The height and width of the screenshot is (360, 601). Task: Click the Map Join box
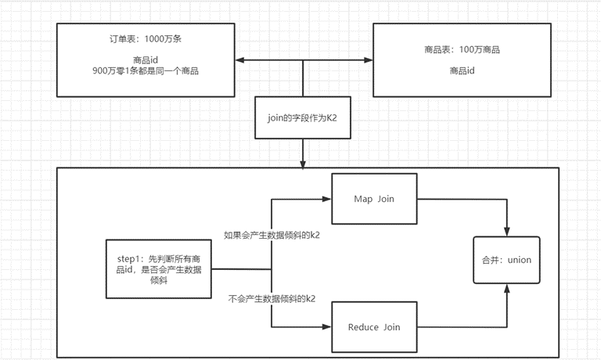pos(374,199)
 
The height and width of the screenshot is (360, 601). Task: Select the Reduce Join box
pos(374,327)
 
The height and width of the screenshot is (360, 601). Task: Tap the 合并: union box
pos(507,260)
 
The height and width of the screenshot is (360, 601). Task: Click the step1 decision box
pos(159,269)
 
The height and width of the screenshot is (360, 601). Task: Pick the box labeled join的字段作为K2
pos(303,117)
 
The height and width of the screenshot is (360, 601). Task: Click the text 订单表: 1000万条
pos(146,38)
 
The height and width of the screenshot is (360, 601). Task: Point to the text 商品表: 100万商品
pos(462,49)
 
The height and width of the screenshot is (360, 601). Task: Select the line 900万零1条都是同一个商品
pos(146,71)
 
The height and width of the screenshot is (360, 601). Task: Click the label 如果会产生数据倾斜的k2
pos(272,235)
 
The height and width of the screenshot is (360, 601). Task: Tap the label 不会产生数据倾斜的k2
pos(272,299)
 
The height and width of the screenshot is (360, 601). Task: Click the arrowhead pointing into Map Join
pos(327,199)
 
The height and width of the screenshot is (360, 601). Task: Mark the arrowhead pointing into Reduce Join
pos(327,327)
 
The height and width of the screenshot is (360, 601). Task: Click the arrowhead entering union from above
pos(507,232)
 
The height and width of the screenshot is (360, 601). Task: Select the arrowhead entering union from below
pos(507,289)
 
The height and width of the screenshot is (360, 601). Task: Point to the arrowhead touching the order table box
pos(240,59)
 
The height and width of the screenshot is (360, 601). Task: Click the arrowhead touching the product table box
pos(369,59)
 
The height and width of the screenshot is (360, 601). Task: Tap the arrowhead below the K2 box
pos(303,164)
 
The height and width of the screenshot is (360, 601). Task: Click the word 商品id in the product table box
pos(462,70)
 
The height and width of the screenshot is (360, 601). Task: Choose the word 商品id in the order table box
pos(146,59)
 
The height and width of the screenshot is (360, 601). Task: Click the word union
pos(520,260)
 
